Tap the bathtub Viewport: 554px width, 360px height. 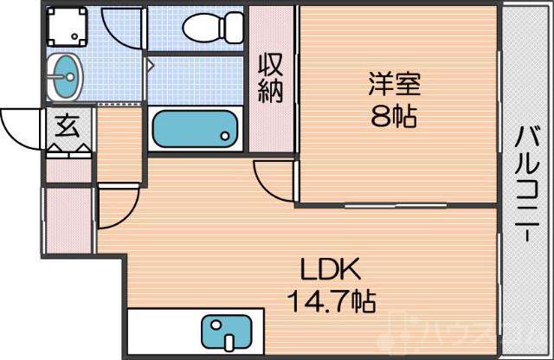tap(195, 129)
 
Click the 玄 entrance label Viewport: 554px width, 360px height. tap(67, 126)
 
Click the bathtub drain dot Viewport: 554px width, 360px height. tap(226, 135)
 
